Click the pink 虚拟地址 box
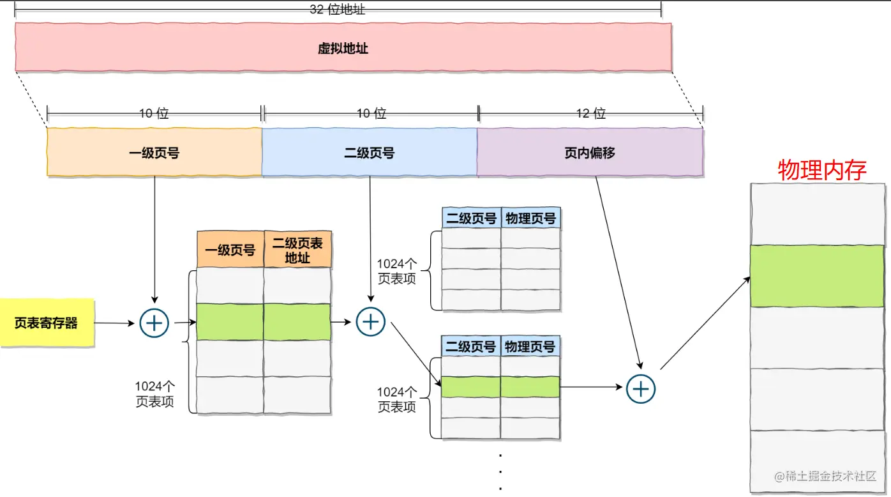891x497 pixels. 343,48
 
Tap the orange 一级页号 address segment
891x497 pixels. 154,153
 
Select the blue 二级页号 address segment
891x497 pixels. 369,153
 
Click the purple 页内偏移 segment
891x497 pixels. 589,153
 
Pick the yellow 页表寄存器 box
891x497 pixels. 47,323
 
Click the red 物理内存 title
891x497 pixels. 822,170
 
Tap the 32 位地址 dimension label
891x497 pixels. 337,10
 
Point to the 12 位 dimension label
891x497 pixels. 590,114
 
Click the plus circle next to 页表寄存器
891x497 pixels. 154,323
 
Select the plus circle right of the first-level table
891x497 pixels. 370,321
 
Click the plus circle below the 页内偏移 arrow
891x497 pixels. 641,388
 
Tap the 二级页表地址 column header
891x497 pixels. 297,250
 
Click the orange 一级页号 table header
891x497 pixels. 230,250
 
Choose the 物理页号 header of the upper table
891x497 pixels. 530,218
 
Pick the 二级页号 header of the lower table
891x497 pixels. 471,347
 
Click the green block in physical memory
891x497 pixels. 817,276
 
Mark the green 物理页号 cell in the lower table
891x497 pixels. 530,386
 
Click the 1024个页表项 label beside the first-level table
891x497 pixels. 154,394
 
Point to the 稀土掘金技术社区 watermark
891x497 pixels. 825,476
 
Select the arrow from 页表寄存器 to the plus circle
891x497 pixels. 116,323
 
